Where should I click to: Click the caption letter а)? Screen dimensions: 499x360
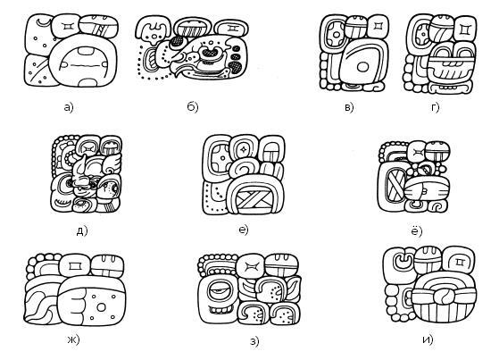69,107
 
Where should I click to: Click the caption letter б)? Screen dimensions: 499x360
193,107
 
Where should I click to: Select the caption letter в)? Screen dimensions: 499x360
349,108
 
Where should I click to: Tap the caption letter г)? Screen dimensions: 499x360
435,108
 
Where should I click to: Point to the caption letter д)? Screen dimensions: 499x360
82,230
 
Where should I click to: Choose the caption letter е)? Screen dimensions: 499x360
244,230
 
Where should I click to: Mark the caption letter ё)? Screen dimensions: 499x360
417,230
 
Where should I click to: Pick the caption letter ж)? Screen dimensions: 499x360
73,340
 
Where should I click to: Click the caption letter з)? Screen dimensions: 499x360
254,341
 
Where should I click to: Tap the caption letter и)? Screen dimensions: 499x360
428,340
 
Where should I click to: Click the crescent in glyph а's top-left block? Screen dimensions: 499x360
43,23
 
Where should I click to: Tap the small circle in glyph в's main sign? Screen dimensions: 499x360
362,67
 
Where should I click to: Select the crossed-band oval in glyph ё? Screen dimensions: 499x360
395,185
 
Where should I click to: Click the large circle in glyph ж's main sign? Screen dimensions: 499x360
101,307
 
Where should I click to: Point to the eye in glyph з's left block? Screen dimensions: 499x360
219,290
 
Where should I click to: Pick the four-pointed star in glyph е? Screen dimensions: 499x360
243,149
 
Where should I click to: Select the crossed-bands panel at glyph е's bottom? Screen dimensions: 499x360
254,202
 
